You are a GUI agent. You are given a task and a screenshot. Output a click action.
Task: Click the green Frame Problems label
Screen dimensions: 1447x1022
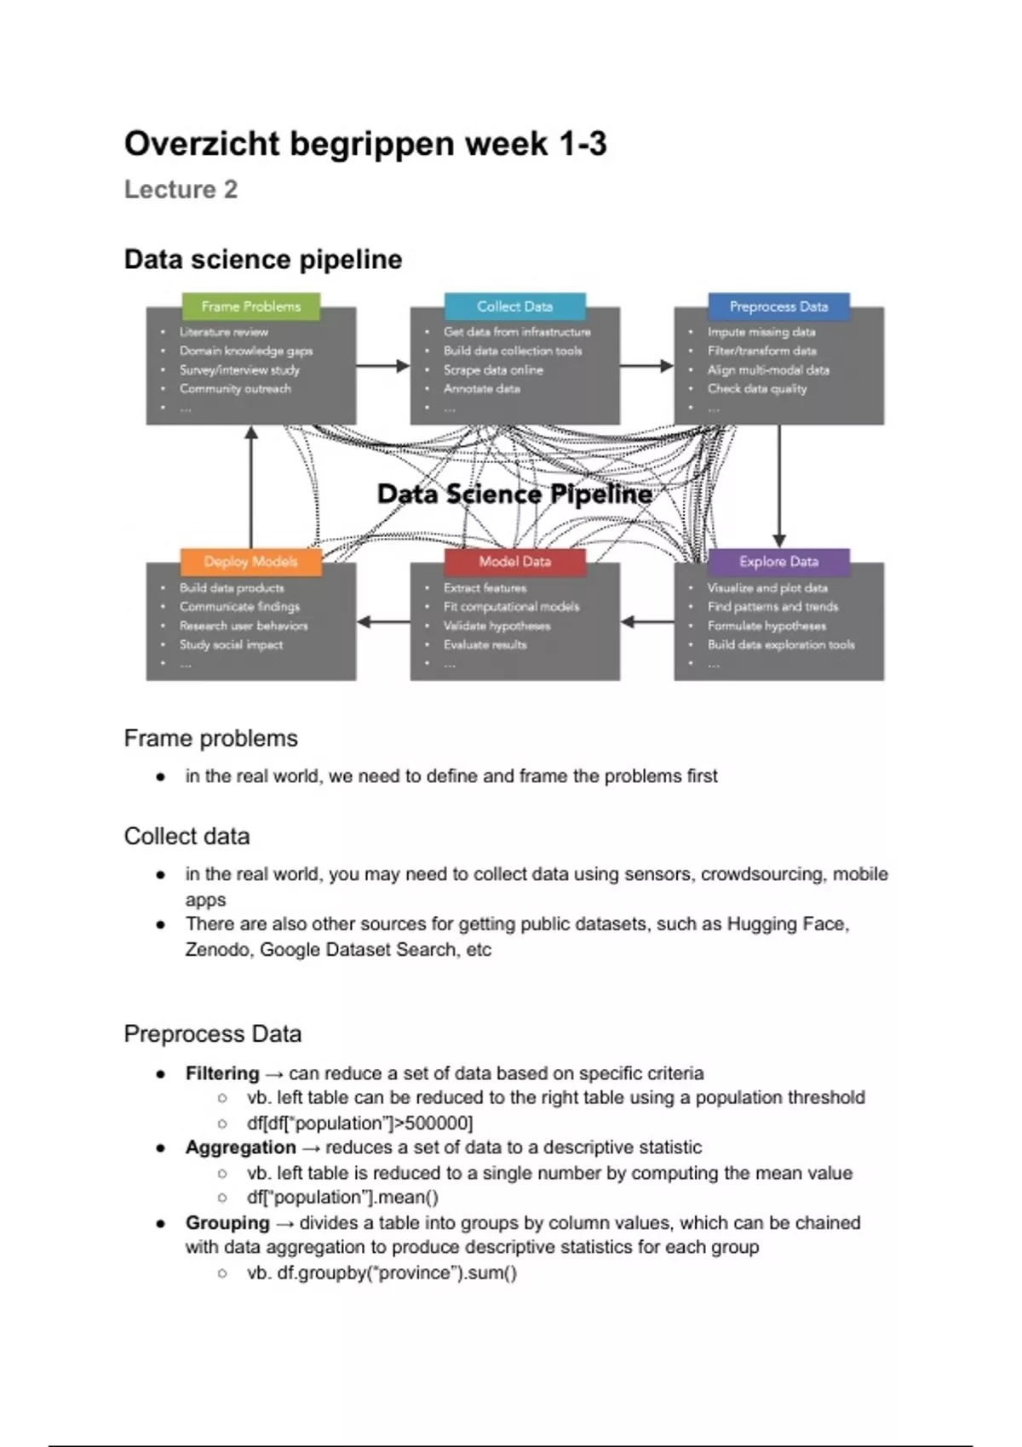(x=251, y=306)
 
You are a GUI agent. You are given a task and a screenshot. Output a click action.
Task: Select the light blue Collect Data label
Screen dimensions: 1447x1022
(x=514, y=306)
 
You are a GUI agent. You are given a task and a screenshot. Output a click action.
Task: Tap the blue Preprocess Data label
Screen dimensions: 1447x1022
(x=778, y=306)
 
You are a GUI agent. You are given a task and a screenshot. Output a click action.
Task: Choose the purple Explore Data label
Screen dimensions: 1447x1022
(x=778, y=562)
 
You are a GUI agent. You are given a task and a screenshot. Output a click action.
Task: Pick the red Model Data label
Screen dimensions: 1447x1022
(x=514, y=562)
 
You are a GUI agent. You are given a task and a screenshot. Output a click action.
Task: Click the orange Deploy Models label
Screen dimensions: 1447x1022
(x=250, y=562)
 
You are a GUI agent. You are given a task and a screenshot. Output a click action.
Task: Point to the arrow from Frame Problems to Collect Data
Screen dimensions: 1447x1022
(x=383, y=366)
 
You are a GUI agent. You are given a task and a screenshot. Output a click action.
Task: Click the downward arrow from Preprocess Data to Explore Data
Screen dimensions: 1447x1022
(x=778, y=485)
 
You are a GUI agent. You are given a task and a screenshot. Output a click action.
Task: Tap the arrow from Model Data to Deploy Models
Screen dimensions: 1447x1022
(x=383, y=622)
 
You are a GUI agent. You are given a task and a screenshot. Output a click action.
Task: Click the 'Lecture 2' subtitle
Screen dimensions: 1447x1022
(x=181, y=189)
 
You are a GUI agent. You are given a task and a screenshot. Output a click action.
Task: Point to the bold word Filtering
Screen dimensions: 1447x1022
(x=222, y=1073)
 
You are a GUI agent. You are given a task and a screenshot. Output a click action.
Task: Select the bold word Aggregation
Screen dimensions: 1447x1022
(x=241, y=1147)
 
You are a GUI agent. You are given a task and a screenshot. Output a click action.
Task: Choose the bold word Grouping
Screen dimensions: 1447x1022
(x=227, y=1223)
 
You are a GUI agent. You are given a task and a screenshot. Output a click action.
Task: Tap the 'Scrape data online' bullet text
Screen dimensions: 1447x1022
(x=493, y=370)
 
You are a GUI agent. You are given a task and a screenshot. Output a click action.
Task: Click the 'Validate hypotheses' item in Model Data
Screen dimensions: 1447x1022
(x=497, y=626)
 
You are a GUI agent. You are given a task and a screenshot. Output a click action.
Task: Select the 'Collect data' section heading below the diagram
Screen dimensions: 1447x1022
(x=187, y=837)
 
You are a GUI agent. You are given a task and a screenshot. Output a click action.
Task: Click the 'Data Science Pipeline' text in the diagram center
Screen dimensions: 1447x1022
(x=514, y=494)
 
